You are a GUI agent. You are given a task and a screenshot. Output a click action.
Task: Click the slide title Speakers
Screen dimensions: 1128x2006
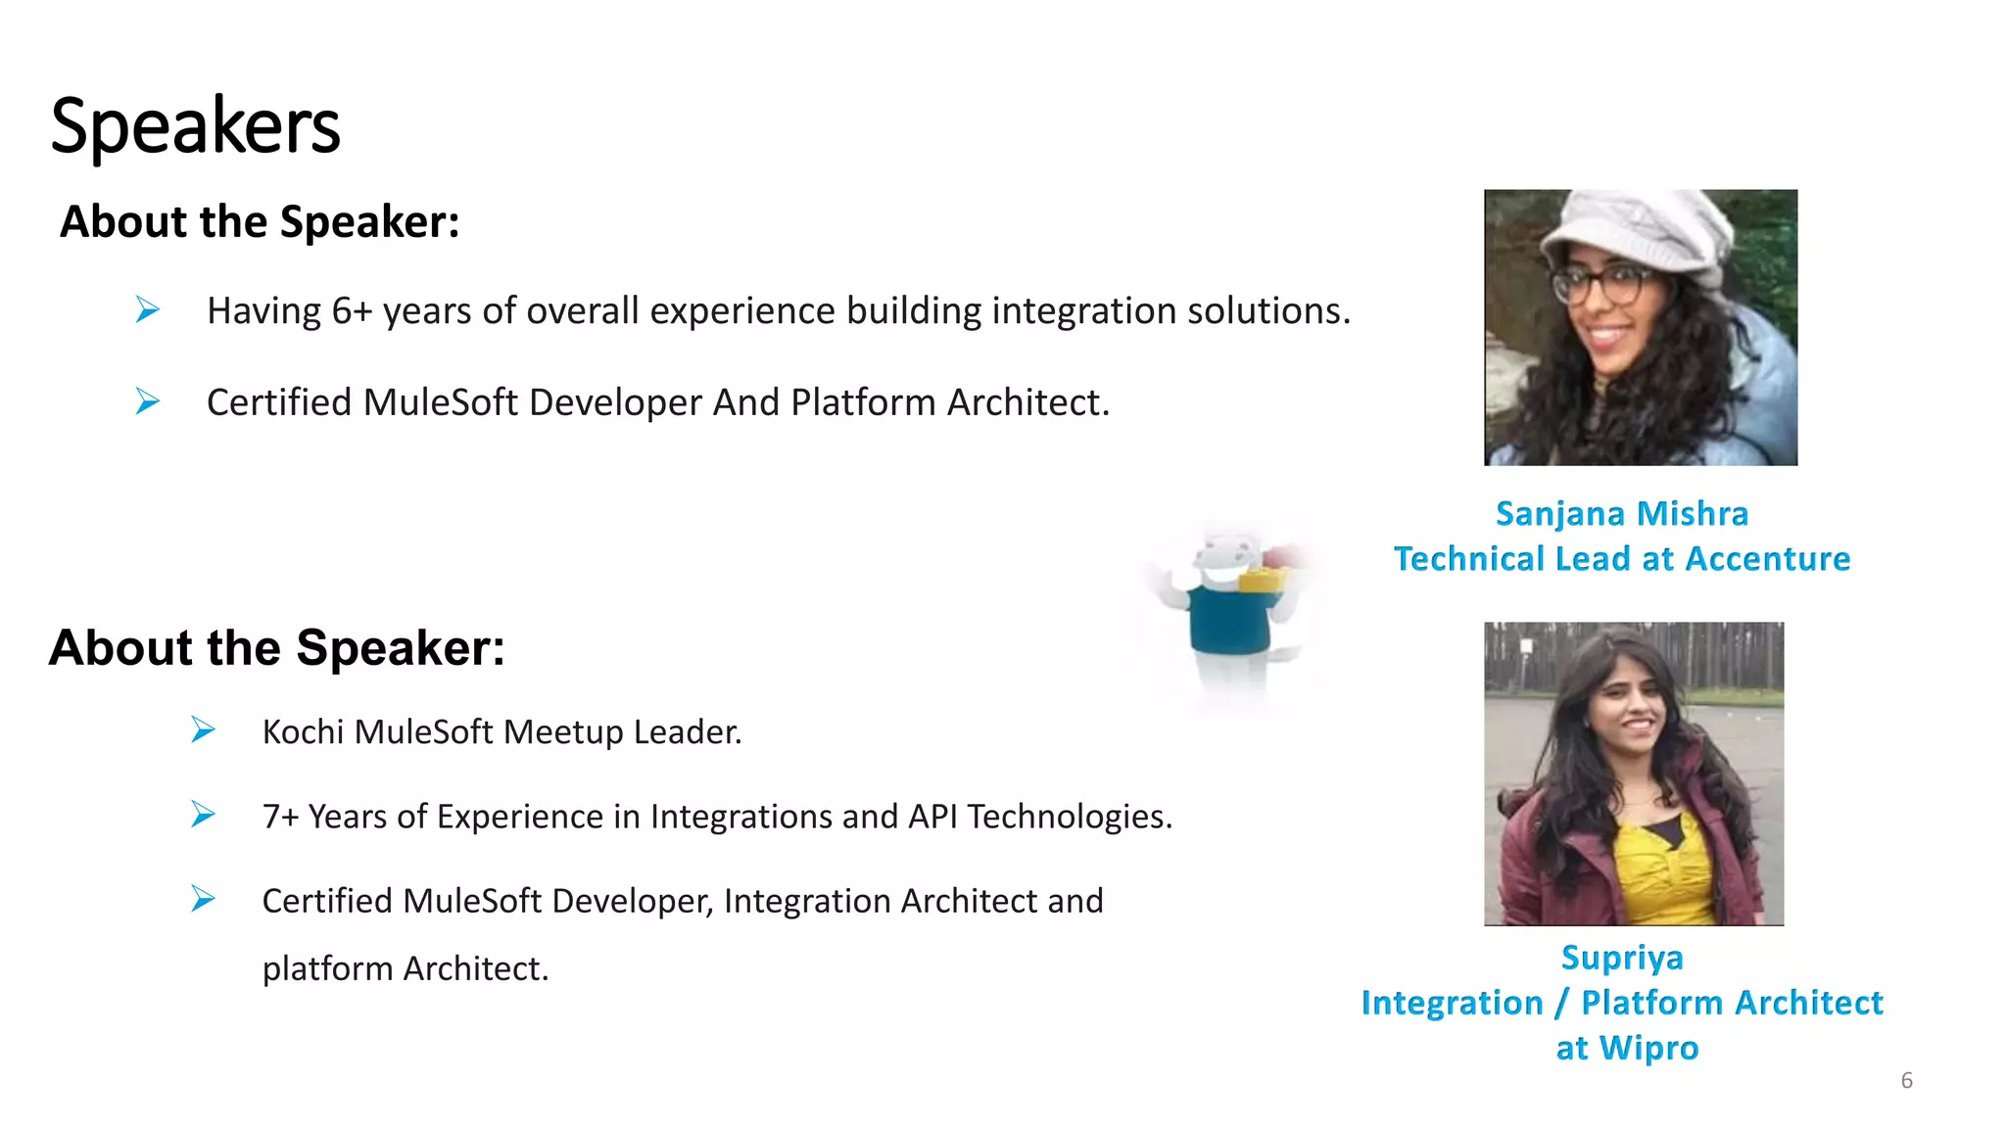coord(195,126)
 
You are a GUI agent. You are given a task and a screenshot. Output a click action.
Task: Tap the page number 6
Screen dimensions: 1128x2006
coord(1906,1080)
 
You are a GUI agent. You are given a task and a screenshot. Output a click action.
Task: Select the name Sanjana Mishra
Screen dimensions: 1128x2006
coord(1621,514)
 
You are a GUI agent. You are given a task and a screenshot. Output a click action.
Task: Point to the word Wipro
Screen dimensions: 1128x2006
coord(1648,1048)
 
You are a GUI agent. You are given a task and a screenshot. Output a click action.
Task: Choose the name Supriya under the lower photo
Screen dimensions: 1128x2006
coord(1622,958)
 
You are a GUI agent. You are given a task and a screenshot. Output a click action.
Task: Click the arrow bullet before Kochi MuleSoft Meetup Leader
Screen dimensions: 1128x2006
coord(203,730)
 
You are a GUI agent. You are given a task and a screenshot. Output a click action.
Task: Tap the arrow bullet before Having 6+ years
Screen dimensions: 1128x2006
coord(148,310)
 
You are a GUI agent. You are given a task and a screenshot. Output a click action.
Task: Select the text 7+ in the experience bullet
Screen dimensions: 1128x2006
coord(280,817)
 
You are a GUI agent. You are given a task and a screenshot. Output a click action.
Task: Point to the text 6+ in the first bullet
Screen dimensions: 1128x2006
coord(352,311)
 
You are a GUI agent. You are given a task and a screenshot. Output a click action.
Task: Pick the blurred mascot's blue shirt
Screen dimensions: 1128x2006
coord(1228,620)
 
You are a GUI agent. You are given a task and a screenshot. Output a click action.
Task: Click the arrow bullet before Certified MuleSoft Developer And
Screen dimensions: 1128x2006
coord(148,401)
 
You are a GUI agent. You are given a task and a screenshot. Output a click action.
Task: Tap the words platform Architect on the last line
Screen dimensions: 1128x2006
coord(405,968)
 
